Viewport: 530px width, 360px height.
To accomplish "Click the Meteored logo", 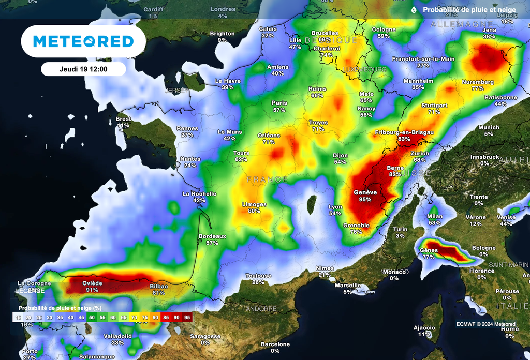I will pos(83,41).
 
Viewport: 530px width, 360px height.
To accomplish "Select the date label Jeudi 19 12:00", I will pos(83,69).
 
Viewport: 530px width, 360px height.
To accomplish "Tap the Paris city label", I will pos(279,103).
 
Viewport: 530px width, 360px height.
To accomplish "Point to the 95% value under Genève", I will pos(365,199).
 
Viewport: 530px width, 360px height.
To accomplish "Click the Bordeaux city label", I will pos(212,236).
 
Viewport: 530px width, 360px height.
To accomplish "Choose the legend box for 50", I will pos(92,317).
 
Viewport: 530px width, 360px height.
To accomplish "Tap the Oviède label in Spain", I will pos(92,283).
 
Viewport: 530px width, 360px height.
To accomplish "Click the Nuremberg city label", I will pos(477,82).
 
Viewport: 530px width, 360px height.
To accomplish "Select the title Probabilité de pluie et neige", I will pos(469,10).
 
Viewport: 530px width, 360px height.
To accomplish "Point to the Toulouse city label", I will pos(258,276).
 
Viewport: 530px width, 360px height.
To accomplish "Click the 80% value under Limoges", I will pos(254,211).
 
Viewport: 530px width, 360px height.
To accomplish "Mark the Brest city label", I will pos(123,119).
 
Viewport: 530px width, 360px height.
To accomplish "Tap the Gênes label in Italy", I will pos(429,250).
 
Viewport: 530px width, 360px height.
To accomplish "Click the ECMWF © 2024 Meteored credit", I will pos(485,324).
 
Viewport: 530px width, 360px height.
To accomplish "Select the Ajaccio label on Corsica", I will pos(424,328).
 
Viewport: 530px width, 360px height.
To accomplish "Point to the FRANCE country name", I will pos(267,179).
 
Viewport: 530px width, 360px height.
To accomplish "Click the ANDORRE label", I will pos(261,309).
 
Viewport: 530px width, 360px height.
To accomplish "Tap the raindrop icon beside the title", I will pos(414,10).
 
